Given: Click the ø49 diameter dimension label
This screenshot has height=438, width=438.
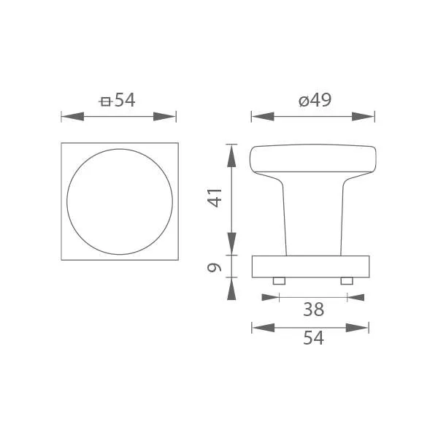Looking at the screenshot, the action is (x=315, y=100).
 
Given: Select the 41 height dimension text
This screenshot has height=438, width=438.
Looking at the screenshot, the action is (x=215, y=198).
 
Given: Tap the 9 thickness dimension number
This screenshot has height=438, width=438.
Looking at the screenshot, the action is (x=214, y=268).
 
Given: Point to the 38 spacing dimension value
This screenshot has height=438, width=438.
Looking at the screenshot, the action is (x=313, y=310).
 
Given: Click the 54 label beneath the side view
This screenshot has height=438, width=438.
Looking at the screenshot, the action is (x=313, y=338).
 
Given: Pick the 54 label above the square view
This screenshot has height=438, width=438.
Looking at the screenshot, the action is (x=125, y=100).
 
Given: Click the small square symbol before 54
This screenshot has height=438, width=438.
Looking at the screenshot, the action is (x=105, y=101).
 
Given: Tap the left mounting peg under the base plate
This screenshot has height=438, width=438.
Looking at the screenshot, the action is (x=279, y=281).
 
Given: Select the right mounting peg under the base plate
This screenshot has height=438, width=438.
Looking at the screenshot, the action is (x=347, y=281).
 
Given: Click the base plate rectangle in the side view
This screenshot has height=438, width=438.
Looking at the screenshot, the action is (x=311, y=266).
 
